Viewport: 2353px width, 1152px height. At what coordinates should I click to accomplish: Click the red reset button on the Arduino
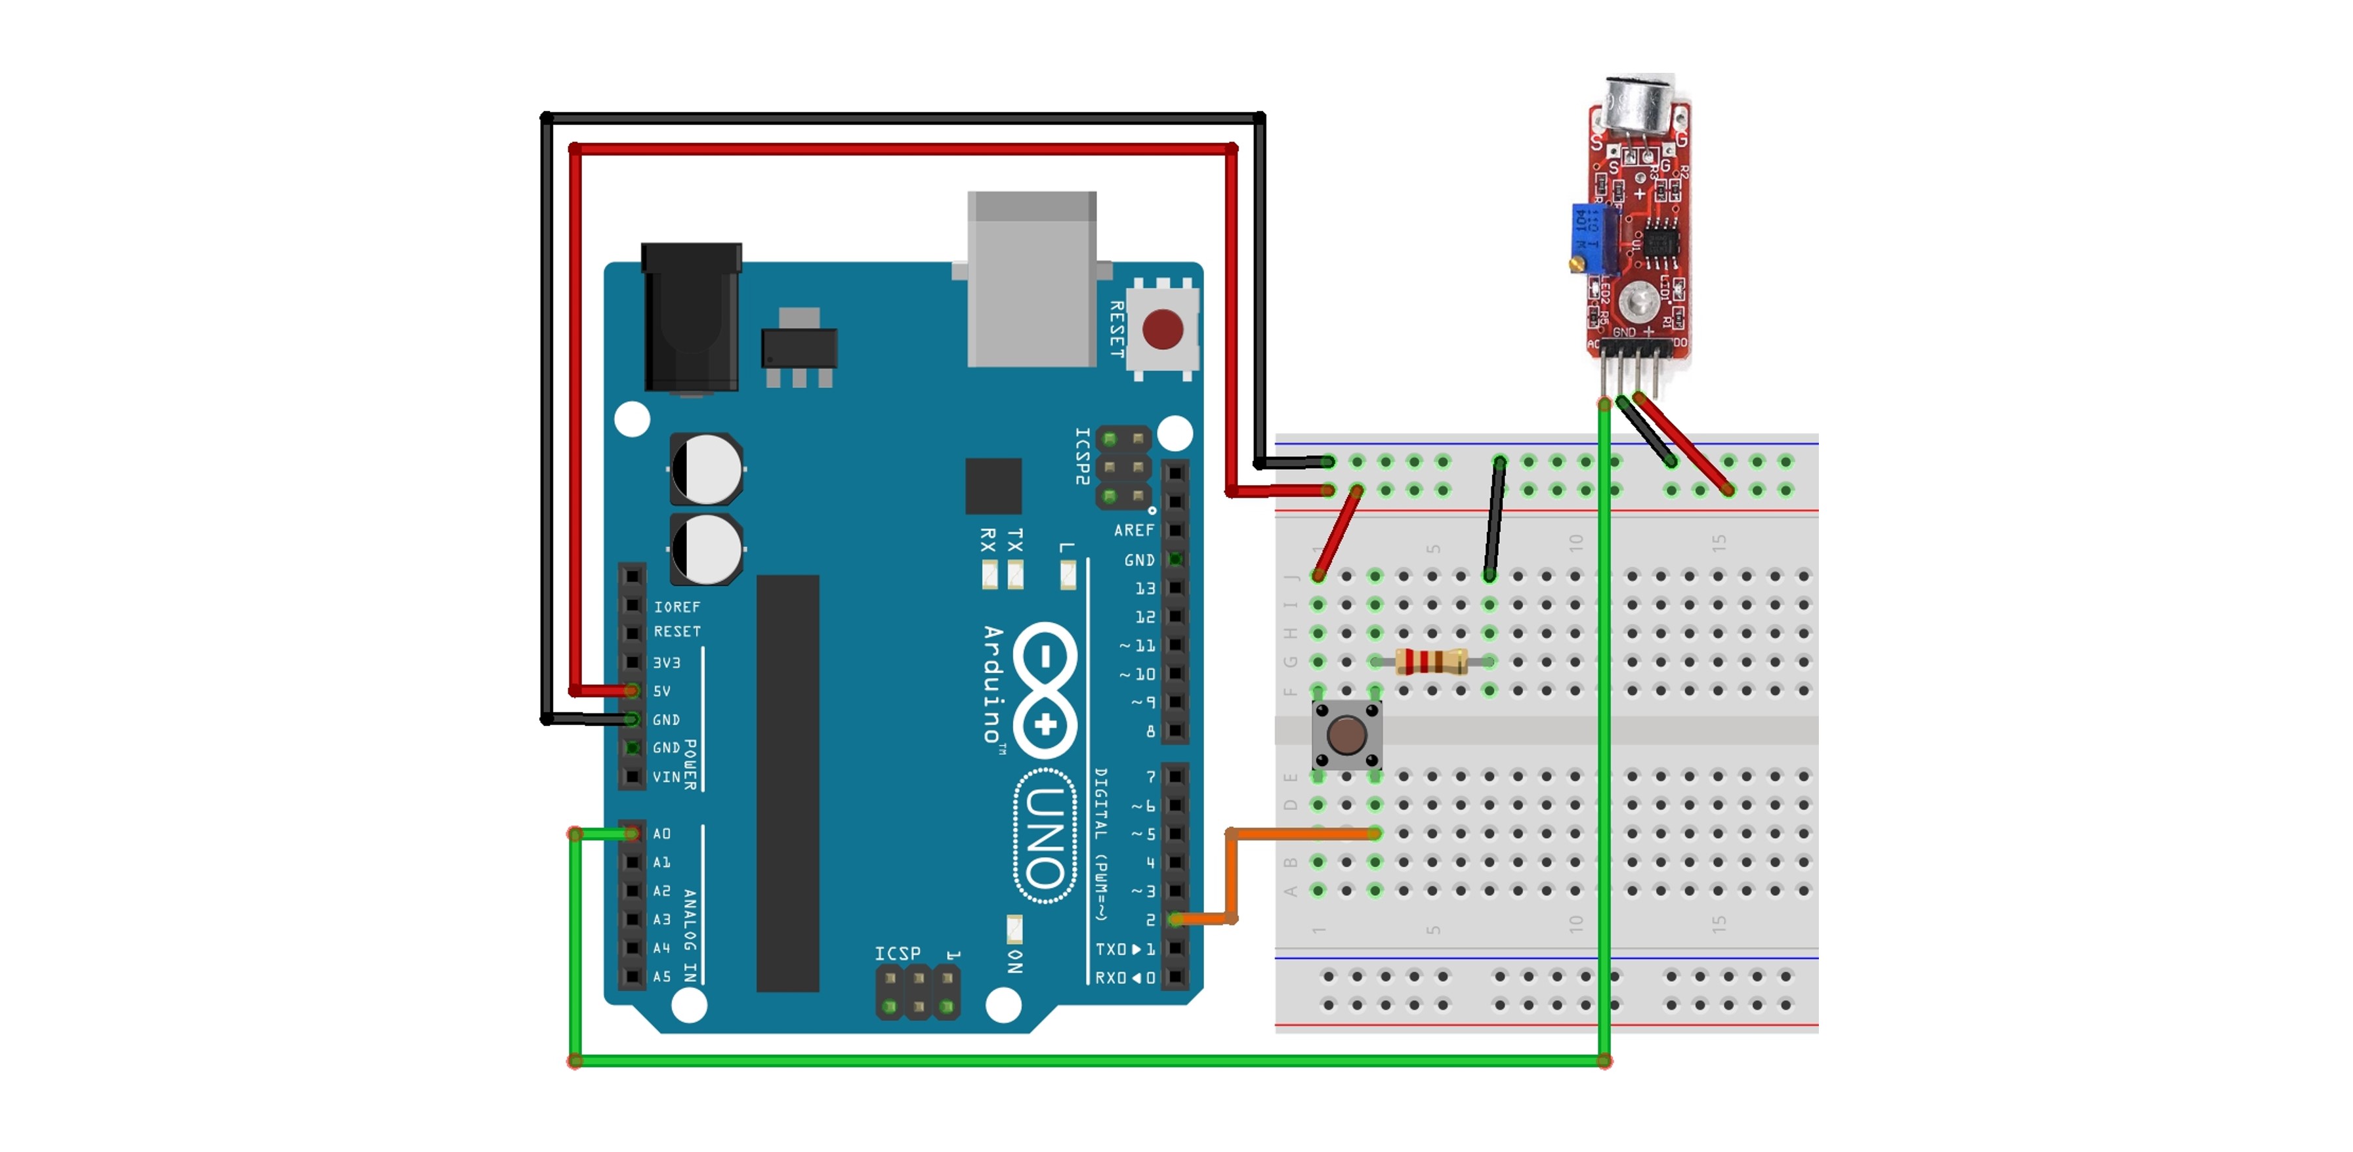point(1162,329)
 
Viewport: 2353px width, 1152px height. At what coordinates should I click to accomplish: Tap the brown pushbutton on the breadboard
point(1346,735)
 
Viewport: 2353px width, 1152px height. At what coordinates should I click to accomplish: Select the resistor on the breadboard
point(1430,660)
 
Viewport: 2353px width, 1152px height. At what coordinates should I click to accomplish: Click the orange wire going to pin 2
point(1297,833)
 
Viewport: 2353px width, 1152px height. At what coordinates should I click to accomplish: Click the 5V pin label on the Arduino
point(662,691)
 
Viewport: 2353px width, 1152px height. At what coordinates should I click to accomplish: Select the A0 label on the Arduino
point(662,833)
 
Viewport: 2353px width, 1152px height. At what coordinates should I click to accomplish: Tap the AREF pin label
point(1134,530)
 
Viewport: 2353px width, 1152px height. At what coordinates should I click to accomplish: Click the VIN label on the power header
point(666,777)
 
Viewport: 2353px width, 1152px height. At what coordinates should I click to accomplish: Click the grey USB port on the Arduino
point(1031,278)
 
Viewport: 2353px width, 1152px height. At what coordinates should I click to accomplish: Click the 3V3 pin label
point(666,662)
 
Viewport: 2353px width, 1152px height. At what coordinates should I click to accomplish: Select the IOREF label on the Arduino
point(677,607)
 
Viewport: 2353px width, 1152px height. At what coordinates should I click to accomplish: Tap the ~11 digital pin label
point(1138,645)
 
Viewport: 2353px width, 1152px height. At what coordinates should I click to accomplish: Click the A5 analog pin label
point(662,975)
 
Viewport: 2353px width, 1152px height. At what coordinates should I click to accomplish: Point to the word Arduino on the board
point(993,683)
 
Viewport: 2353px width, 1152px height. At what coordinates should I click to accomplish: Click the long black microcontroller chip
point(787,783)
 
